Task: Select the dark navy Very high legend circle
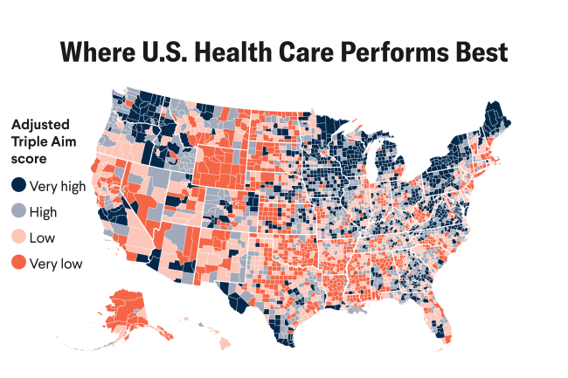(x=18, y=185)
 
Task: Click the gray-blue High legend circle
(x=18, y=211)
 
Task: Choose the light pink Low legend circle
(x=18, y=237)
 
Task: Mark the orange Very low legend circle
(x=18, y=263)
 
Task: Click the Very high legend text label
(x=56, y=185)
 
